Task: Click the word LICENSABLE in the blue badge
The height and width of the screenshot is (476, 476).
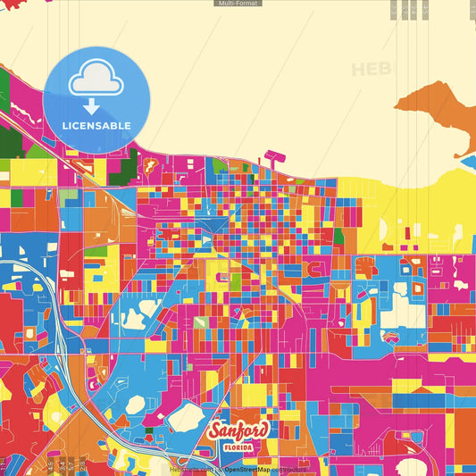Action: [96, 125]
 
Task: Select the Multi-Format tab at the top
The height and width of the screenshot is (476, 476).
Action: [238, 4]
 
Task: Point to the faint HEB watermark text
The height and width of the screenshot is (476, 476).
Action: [372, 69]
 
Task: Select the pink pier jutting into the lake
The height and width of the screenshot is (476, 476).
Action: [274, 157]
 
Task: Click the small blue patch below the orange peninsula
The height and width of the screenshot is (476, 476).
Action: [469, 162]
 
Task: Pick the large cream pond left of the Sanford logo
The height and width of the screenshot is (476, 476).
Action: [188, 414]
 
